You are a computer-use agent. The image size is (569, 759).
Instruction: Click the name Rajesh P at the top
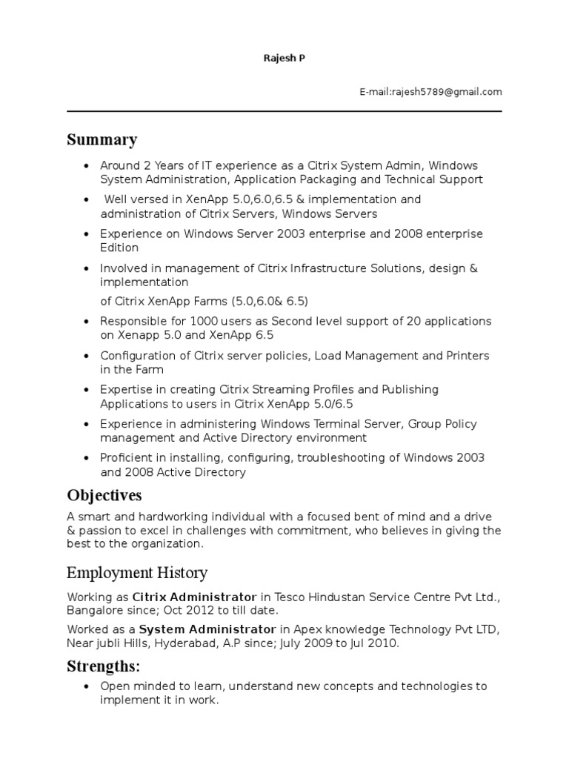[x=284, y=58]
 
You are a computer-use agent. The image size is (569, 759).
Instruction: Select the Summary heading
[x=102, y=140]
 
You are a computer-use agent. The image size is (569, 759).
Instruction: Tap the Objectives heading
[x=104, y=495]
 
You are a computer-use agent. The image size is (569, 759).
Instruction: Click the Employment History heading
[x=137, y=573]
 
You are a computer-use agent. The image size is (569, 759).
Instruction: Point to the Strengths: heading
[x=103, y=666]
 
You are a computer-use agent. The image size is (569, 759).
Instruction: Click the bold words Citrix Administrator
[x=194, y=597]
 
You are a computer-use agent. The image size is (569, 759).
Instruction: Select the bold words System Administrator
[x=197, y=630]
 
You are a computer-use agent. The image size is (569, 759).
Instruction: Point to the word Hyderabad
[x=184, y=643]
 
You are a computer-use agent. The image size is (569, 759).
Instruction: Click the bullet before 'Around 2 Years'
[x=87, y=166]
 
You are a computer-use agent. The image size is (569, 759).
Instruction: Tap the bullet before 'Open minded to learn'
[x=87, y=687]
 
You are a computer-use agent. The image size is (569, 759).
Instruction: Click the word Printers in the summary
[x=467, y=356]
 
